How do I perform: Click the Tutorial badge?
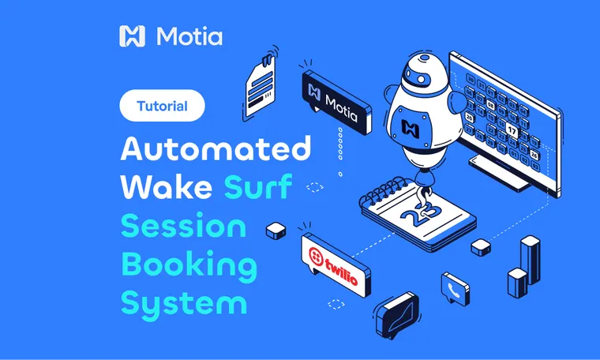[162, 106]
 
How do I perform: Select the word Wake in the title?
[164, 188]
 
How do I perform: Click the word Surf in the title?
[257, 188]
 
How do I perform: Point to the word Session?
[183, 227]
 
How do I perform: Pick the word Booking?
[189, 266]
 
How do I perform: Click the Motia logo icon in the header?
[132, 36]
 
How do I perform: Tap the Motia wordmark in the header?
[189, 36]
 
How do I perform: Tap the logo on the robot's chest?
[411, 126]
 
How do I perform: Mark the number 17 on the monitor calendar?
[512, 130]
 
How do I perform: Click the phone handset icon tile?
[455, 288]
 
